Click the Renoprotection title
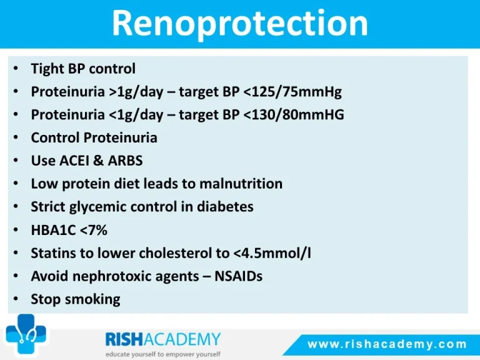pyautogui.click(x=240, y=24)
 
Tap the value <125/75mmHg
pyautogui.click(x=292, y=91)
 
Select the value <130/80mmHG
pyautogui.click(x=293, y=114)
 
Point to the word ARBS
pyautogui.click(x=125, y=161)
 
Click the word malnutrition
pyautogui.click(x=241, y=184)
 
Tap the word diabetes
pyautogui.click(x=225, y=207)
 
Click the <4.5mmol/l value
pyautogui.click(x=272, y=253)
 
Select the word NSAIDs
pyautogui.click(x=239, y=276)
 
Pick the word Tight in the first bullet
pyautogui.click(x=47, y=69)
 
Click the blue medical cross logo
pyautogui.click(x=26, y=334)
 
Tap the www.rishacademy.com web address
pyautogui.click(x=387, y=344)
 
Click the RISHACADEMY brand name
pyautogui.click(x=163, y=339)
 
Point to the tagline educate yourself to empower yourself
pyautogui.click(x=163, y=354)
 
